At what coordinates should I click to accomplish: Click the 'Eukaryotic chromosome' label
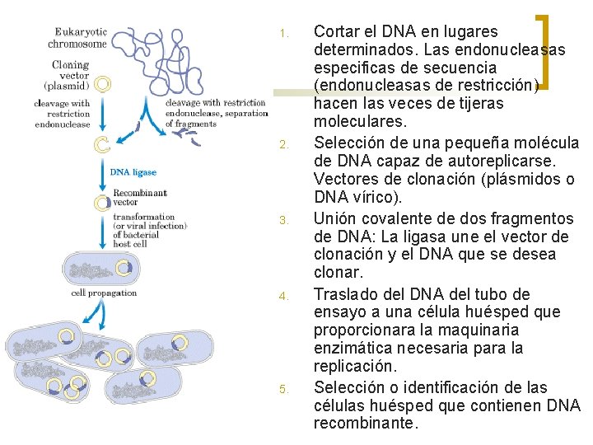pos(77,38)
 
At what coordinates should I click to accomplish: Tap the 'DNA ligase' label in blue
pos(133,172)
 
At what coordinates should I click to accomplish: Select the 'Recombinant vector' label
pos(139,197)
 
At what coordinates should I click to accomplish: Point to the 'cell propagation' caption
pos(104,293)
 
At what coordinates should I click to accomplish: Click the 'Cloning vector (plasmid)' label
pos(71,73)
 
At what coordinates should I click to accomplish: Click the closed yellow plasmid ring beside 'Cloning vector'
pos(103,83)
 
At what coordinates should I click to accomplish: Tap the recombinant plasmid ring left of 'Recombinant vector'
pos(102,202)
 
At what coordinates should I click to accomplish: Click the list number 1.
pos(283,35)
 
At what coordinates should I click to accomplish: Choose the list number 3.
pos(283,221)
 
